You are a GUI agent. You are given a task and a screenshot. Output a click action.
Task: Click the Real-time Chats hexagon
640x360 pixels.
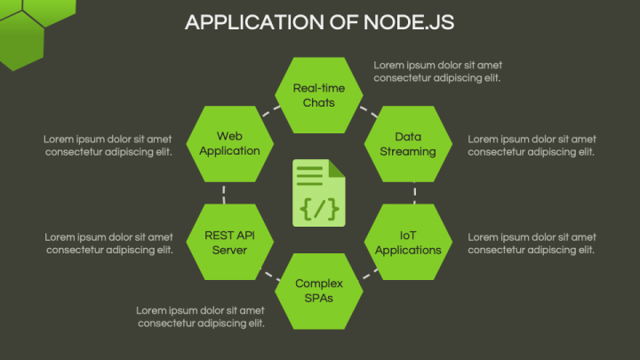(318, 95)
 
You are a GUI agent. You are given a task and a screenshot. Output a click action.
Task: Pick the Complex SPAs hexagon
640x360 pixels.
(318, 291)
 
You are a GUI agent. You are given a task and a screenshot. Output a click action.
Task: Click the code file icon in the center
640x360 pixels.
(319, 193)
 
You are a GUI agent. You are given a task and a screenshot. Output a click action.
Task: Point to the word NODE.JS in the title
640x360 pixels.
(409, 23)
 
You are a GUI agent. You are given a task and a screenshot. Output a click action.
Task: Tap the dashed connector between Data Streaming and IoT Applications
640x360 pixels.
(415, 193)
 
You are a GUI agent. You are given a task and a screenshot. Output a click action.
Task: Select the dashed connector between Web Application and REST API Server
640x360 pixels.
(224, 193)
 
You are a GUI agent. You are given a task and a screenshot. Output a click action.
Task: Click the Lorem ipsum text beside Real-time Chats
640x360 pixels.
(436, 71)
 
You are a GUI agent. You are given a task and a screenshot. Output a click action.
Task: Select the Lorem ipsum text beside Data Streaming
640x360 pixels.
(532, 145)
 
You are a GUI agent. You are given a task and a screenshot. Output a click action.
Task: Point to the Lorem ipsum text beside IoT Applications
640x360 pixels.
(532, 243)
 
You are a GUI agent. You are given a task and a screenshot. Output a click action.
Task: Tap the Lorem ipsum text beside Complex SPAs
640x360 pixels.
(201, 316)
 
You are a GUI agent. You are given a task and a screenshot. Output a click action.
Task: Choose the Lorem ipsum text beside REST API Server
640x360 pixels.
(108, 243)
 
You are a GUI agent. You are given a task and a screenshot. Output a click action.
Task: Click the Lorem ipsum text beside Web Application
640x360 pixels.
(108, 145)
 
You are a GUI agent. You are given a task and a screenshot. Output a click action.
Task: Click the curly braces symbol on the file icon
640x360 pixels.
(319, 210)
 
